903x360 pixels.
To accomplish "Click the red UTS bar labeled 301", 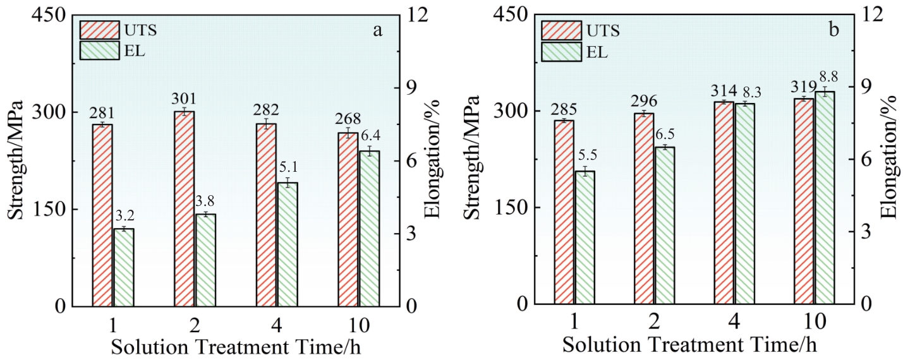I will [x=185, y=208].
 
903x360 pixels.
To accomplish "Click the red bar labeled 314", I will [x=724, y=203].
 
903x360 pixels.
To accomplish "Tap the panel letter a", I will [x=377, y=30].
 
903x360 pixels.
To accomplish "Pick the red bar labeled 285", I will [x=564, y=212].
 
